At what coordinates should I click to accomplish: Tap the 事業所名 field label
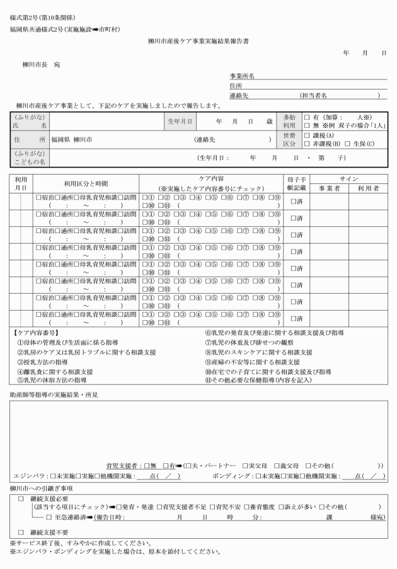(x=243, y=76)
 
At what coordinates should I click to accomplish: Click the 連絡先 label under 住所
(x=240, y=95)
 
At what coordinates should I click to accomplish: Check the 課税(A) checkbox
(x=306, y=135)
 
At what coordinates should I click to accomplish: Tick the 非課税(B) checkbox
(x=306, y=144)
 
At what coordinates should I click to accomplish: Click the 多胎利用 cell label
(x=288, y=122)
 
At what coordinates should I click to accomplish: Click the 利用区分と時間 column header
(x=86, y=183)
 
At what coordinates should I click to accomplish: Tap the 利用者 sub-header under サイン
(x=367, y=188)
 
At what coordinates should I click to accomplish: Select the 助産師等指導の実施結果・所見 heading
(x=54, y=395)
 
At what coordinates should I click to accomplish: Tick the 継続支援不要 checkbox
(x=21, y=531)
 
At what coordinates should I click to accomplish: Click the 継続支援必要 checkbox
(x=21, y=498)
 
